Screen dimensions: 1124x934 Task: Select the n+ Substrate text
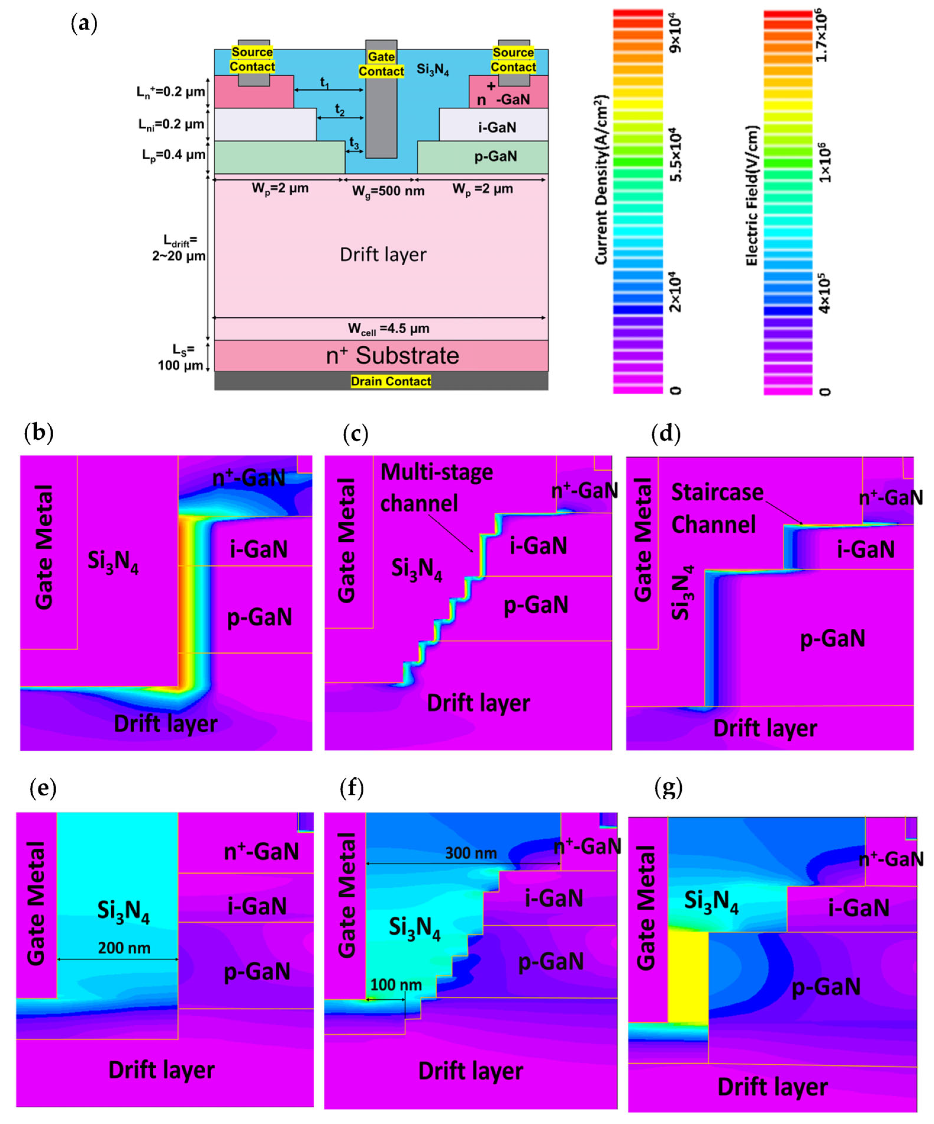point(392,356)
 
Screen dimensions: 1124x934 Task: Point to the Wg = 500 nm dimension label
point(388,191)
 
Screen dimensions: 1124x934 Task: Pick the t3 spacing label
point(354,142)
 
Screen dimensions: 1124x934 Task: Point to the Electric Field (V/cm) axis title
point(752,195)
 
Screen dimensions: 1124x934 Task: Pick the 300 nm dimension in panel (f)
point(471,853)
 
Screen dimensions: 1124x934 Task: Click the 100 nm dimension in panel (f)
point(396,984)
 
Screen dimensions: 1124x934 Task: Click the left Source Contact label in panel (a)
point(252,60)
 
